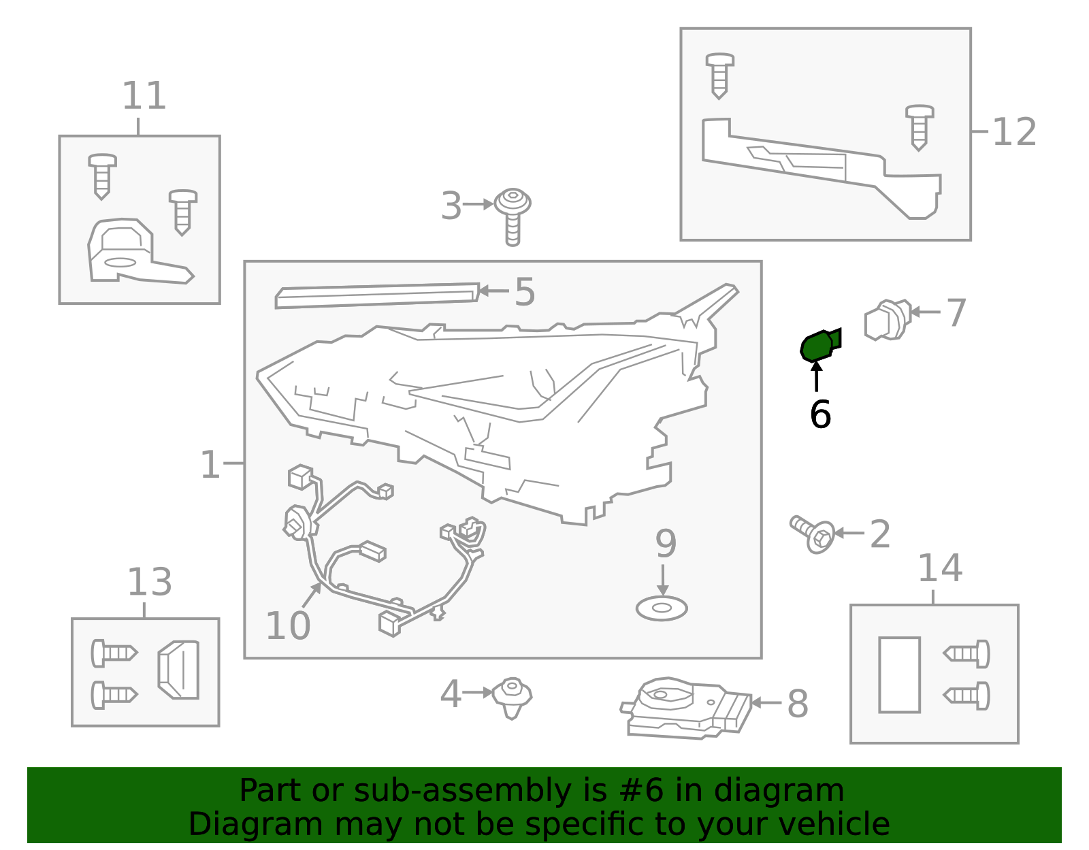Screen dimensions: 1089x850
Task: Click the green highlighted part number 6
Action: pyautogui.click(x=819, y=345)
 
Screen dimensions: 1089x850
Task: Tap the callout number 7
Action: pyautogui.click(x=956, y=313)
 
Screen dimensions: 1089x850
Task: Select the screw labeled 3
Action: pyautogui.click(x=513, y=216)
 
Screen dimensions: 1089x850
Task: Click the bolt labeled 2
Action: pyautogui.click(x=813, y=534)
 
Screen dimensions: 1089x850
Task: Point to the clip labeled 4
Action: pyautogui.click(x=512, y=698)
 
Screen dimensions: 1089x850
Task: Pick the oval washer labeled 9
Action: pyautogui.click(x=662, y=608)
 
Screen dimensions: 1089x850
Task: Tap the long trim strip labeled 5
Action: pyautogui.click(x=377, y=295)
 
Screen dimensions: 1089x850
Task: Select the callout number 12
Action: pyautogui.click(x=1014, y=132)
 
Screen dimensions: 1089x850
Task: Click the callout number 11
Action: pyautogui.click(x=144, y=96)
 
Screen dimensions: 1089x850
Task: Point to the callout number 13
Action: pyautogui.click(x=150, y=582)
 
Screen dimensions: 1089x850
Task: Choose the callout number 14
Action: pyautogui.click(x=940, y=568)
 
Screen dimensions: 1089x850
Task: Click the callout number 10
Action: pyautogui.click(x=288, y=625)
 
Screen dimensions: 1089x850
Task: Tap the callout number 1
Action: pyautogui.click(x=210, y=465)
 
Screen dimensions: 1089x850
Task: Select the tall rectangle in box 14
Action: pyautogui.click(x=900, y=674)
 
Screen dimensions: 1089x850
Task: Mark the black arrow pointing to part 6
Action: pyautogui.click(x=816, y=376)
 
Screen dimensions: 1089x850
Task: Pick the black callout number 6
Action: pyautogui.click(x=820, y=414)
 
